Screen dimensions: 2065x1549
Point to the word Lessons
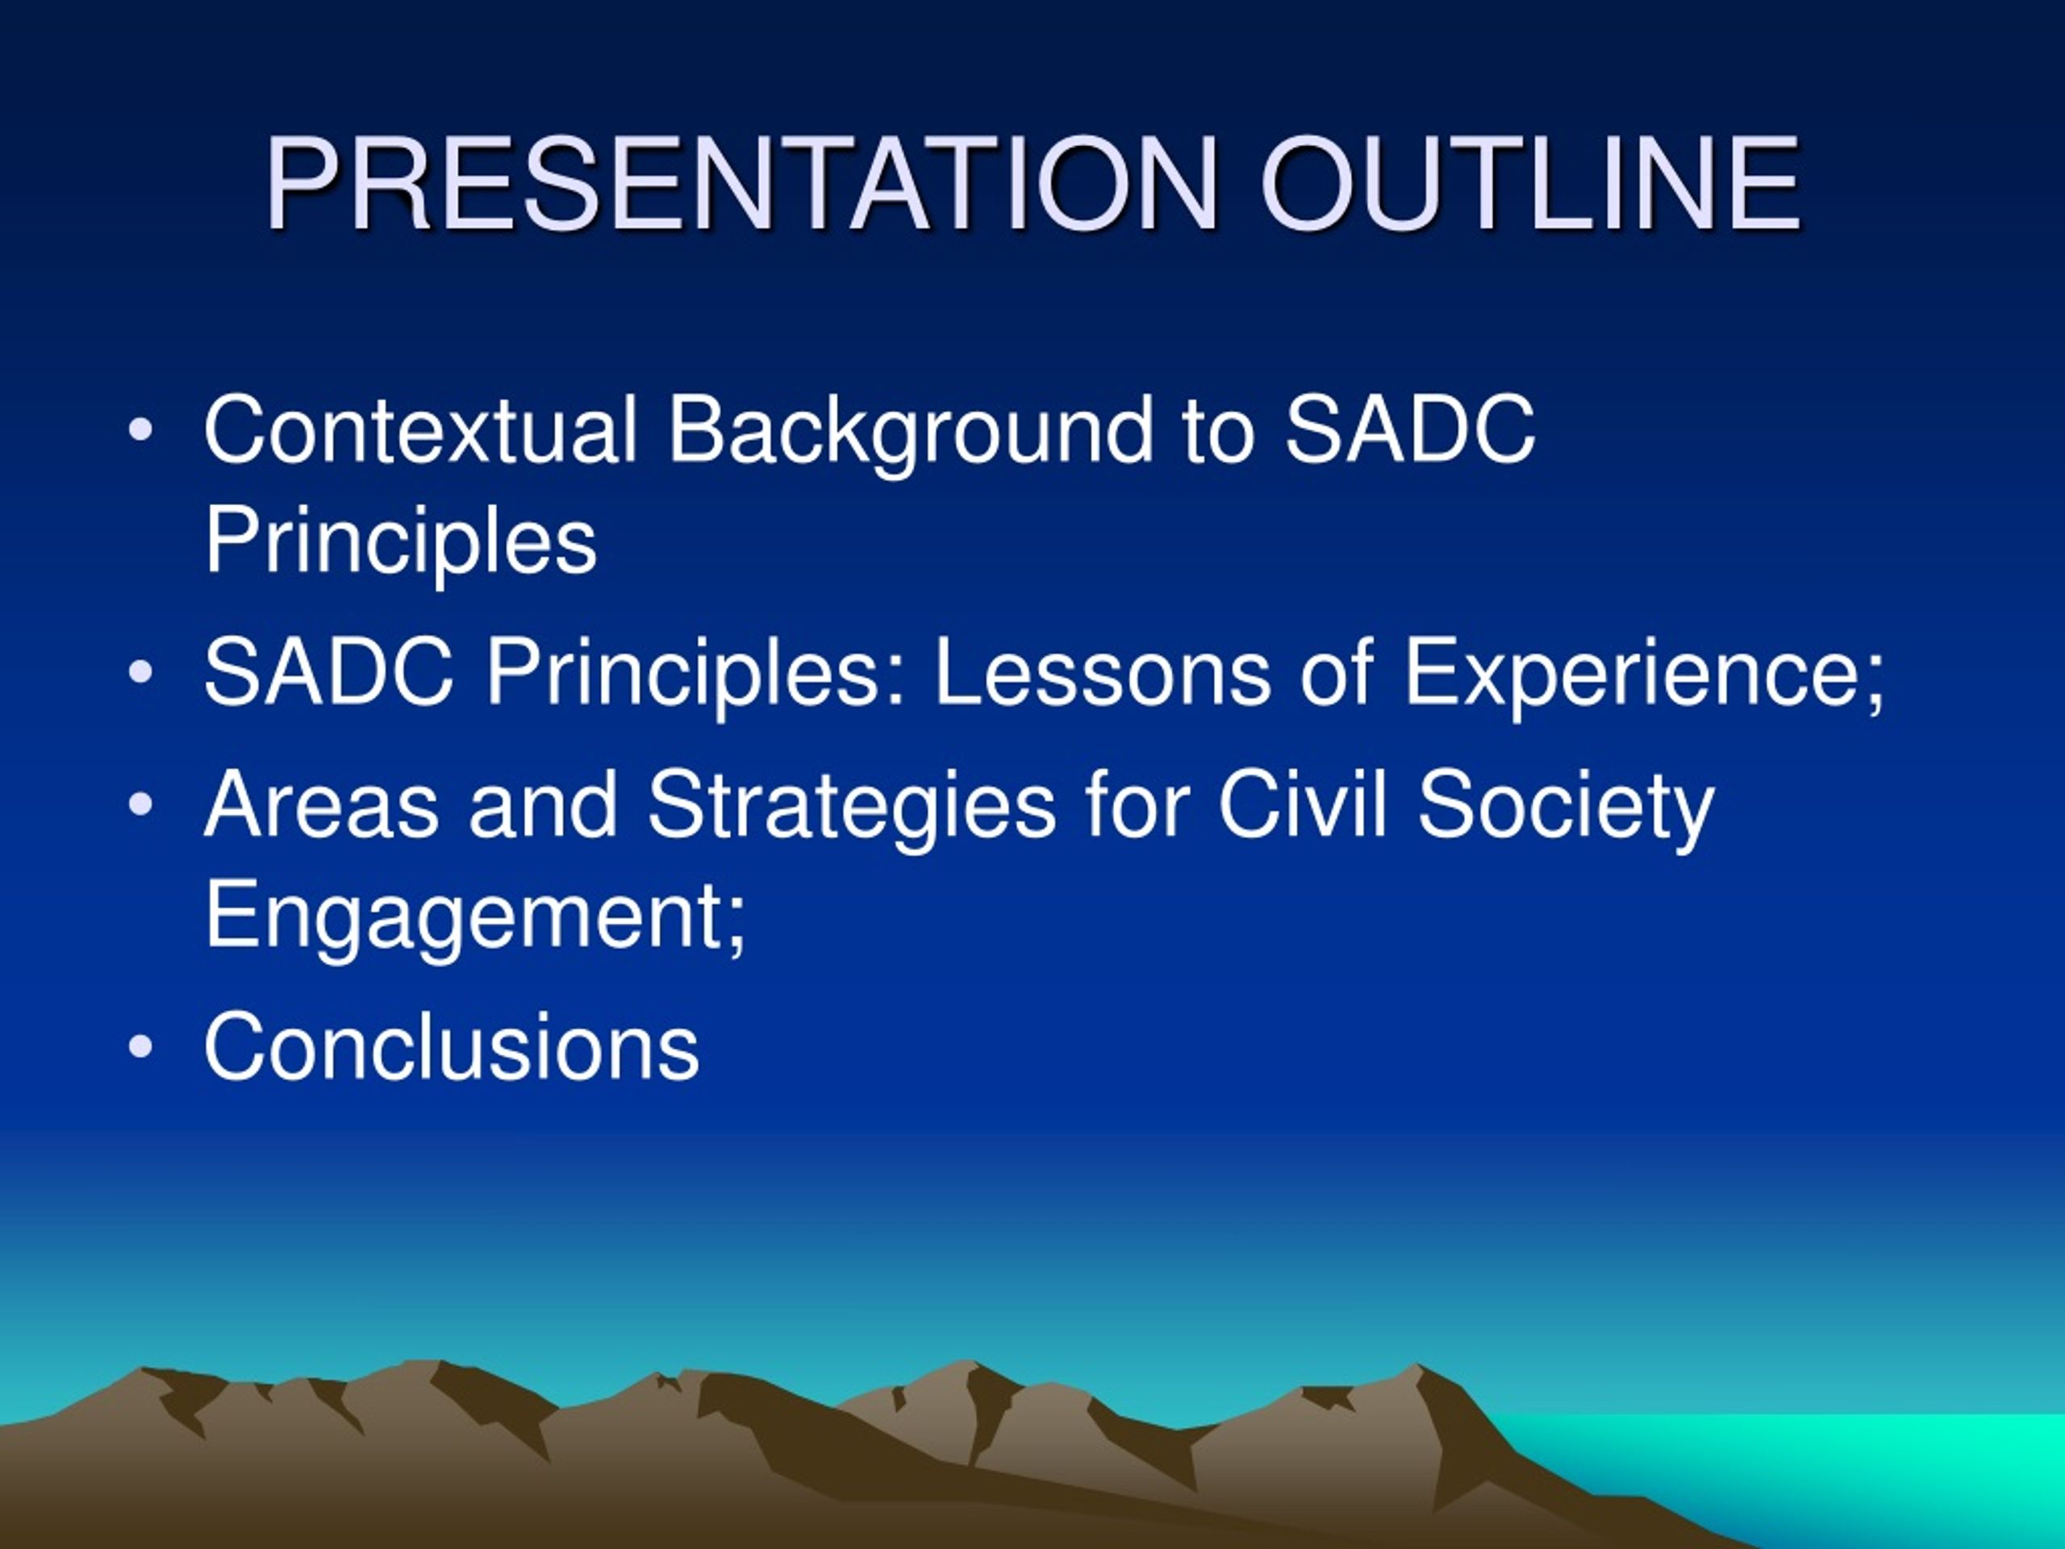click(x=1103, y=672)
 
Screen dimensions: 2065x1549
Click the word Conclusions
click(x=452, y=1046)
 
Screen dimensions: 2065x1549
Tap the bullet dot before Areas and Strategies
click(x=140, y=805)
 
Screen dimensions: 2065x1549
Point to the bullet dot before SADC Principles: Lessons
click(x=140, y=673)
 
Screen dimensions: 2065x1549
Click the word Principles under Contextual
click(x=400, y=545)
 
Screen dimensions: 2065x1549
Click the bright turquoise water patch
click(x=1821, y=1466)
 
